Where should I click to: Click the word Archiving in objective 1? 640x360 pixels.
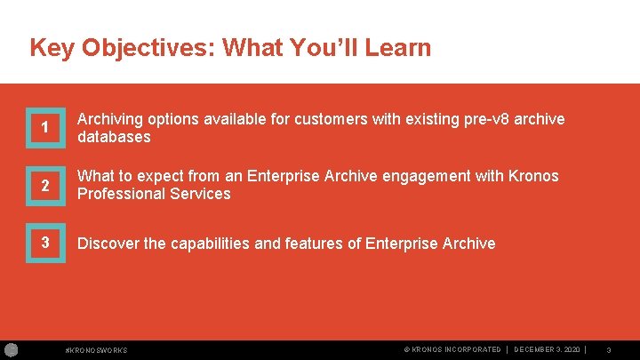click(111, 119)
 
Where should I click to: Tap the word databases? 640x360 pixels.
click(114, 138)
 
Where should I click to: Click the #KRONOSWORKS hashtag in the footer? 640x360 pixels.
click(97, 350)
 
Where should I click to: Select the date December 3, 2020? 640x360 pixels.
click(549, 350)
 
